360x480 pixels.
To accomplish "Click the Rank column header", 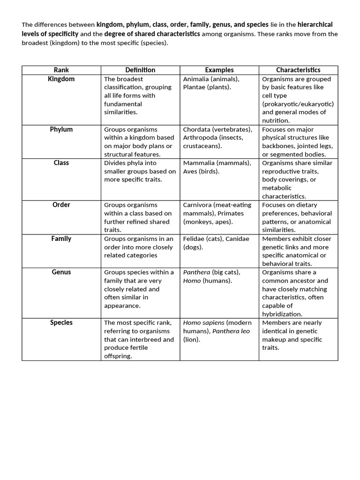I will point(61,70).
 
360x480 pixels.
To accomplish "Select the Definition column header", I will point(140,70).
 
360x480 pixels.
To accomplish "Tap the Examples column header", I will point(219,70).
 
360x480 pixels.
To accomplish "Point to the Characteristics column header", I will point(298,70).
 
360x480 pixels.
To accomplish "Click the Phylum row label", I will point(61,129).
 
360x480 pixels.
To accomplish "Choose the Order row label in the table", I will point(61,205).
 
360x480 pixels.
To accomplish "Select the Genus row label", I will point(61,272).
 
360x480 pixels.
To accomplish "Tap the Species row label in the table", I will point(61,322).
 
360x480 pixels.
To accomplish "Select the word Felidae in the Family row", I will point(196,239).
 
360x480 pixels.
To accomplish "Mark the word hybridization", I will point(282,314).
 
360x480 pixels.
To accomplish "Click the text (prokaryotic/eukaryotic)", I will point(298,104).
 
